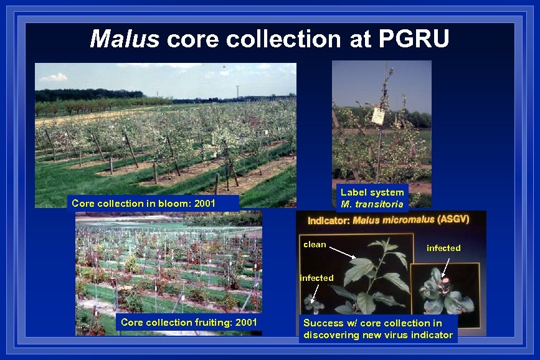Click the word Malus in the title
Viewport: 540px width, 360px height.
pos(125,39)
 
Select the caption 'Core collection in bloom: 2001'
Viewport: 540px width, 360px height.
pos(144,203)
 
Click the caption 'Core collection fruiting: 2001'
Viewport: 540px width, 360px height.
pos(186,322)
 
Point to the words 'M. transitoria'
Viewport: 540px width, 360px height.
pos(372,204)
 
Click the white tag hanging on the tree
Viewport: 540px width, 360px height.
pos(377,116)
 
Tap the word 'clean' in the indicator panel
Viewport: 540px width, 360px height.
pos(315,244)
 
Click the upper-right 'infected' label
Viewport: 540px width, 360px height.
pos(443,248)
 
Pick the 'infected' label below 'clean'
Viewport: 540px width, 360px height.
pos(317,278)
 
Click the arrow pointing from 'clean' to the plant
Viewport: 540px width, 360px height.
pos(342,252)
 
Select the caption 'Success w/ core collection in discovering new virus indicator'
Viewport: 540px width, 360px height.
pos(378,329)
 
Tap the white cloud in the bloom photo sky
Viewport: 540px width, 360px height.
pos(54,77)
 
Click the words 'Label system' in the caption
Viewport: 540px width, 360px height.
pos(372,192)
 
